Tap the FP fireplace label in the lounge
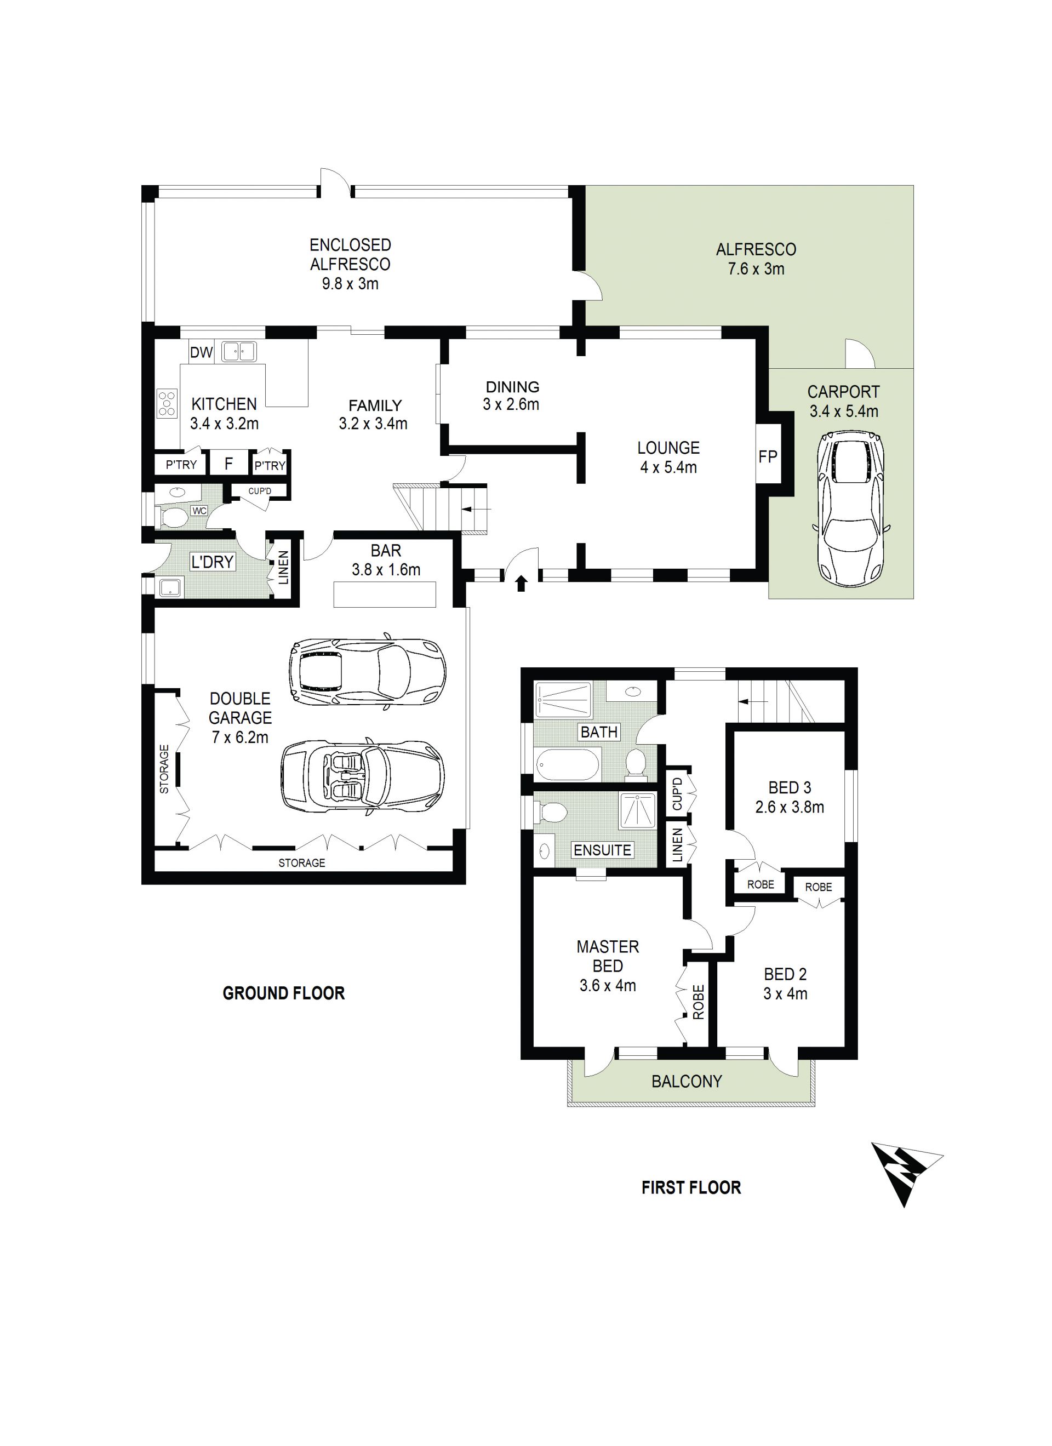[x=768, y=456]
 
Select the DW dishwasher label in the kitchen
[x=202, y=352]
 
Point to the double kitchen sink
[x=238, y=351]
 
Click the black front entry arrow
[x=522, y=583]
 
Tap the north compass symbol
[x=906, y=1174]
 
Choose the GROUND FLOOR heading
[x=284, y=993]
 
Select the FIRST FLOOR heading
[x=691, y=1188]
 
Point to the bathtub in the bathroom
[x=567, y=764]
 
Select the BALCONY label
[x=687, y=1081]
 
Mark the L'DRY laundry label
[x=212, y=562]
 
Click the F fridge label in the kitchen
[x=229, y=464]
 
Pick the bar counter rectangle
[x=385, y=594]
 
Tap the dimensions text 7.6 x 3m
[x=756, y=269]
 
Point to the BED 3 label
[x=790, y=788]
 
